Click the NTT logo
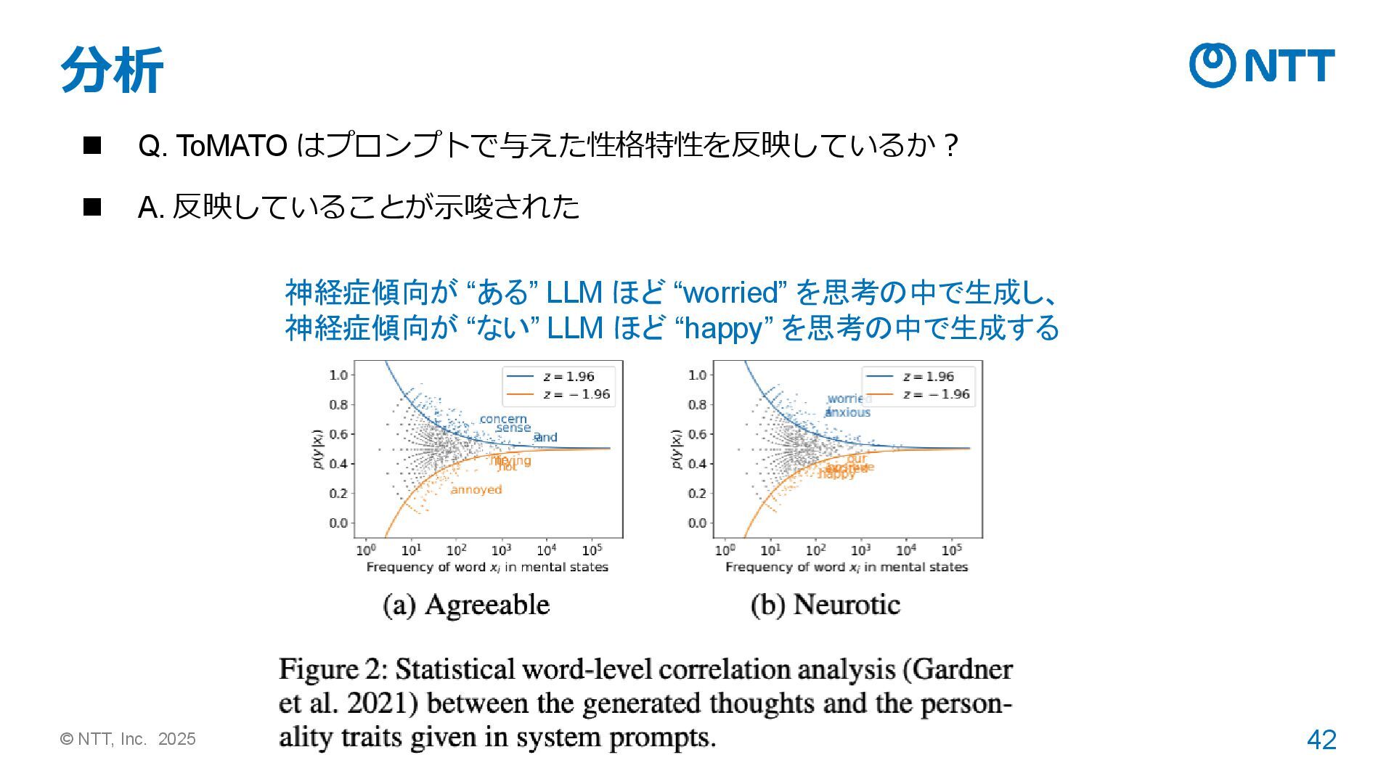click(x=1261, y=65)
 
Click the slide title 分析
click(x=112, y=70)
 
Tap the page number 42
click(x=1321, y=740)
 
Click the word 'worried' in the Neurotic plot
click(x=849, y=399)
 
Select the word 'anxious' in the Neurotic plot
click(x=848, y=412)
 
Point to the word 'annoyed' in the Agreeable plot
click(x=476, y=490)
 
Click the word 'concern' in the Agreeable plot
click(x=503, y=419)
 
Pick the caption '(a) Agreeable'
click(x=466, y=605)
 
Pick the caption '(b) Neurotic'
click(x=826, y=605)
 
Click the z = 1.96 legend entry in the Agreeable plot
click(x=559, y=376)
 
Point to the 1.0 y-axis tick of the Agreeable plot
click(x=338, y=375)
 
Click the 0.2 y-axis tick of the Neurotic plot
click(x=697, y=494)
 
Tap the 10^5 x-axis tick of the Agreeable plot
click(x=592, y=550)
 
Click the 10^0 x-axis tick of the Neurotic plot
click(x=725, y=550)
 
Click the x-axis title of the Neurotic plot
click(x=847, y=567)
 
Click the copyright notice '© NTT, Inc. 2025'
click(x=129, y=739)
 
